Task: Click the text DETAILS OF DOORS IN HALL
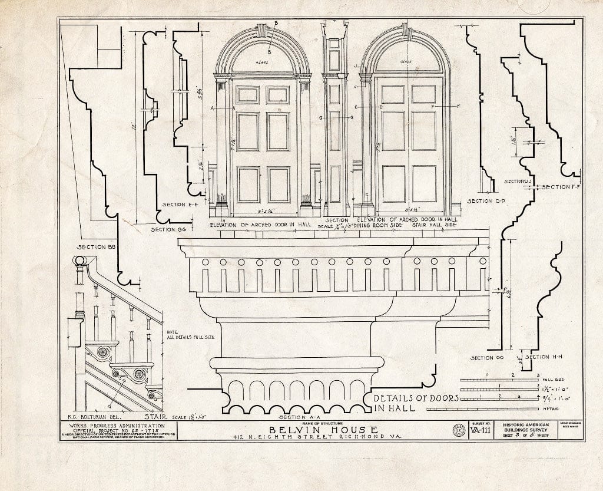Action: (416, 403)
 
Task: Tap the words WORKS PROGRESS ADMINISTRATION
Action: (117, 426)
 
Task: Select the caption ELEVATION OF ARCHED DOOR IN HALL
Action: (260, 225)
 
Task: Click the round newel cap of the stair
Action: (79, 261)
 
